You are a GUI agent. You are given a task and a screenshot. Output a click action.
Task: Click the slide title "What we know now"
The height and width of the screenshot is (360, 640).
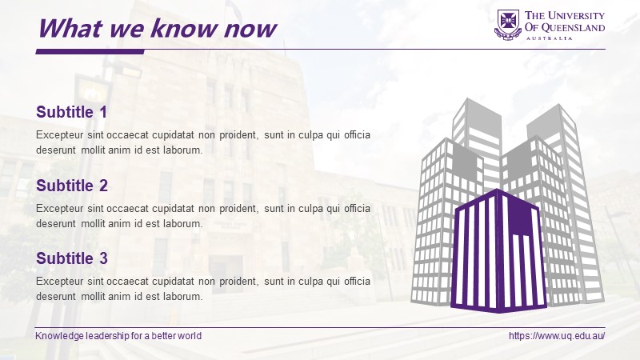tap(157, 29)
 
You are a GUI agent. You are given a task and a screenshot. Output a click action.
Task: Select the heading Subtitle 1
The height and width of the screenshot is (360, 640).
tap(72, 112)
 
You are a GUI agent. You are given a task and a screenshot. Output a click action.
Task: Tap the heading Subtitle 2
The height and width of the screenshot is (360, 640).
tap(72, 186)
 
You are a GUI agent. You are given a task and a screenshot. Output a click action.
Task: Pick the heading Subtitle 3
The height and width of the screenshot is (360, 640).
tap(72, 258)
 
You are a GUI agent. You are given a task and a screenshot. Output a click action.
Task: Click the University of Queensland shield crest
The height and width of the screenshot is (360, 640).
tap(508, 25)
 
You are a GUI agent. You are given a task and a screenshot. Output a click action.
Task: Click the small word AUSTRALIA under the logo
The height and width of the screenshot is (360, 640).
tap(550, 38)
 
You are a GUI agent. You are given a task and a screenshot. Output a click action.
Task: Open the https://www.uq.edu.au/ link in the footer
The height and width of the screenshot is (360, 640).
tap(557, 336)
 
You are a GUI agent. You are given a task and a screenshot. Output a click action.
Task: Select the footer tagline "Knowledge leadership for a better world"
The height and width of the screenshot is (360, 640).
tap(118, 336)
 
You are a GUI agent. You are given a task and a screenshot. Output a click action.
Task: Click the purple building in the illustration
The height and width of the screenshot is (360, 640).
tap(498, 250)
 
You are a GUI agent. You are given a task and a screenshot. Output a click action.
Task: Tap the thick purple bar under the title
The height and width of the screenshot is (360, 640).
tap(90, 51)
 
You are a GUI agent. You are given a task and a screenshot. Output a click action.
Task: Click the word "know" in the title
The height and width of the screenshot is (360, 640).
tap(185, 29)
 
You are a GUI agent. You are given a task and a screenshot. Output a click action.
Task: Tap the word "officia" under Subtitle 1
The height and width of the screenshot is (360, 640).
tap(357, 134)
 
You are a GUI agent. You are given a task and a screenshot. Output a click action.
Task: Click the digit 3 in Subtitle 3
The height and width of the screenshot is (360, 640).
tap(103, 258)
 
